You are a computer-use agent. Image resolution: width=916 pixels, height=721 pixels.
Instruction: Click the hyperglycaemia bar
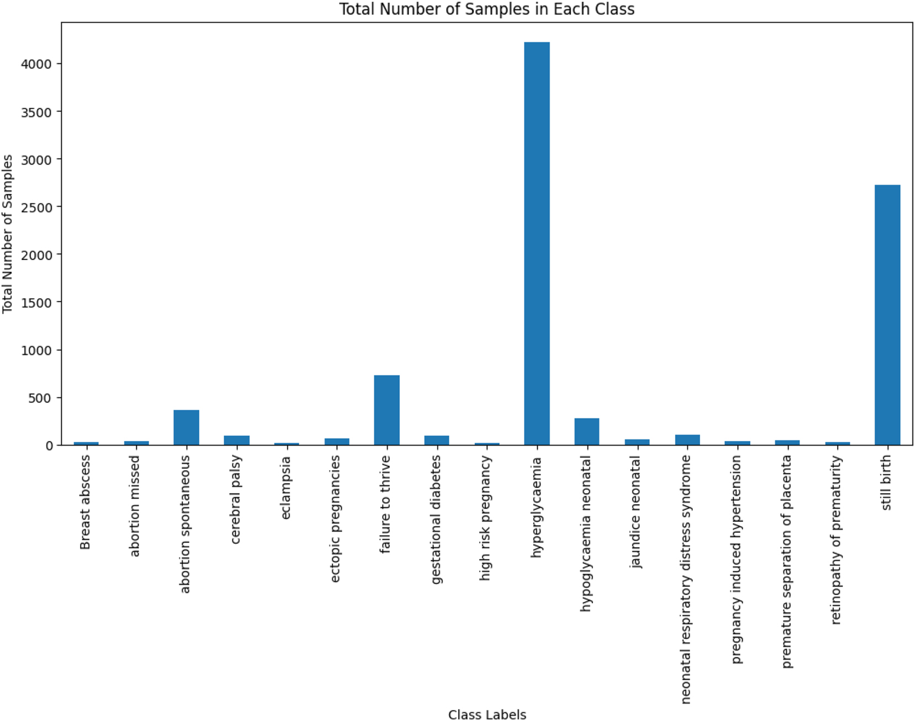[537, 243]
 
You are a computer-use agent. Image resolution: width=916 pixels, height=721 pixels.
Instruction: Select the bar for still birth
[887, 315]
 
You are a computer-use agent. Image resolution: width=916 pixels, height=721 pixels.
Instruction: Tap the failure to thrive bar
[386, 410]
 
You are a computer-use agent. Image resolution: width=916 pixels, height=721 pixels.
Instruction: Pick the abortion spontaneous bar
[186, 427]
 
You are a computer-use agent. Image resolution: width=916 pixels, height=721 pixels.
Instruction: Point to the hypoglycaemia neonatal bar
[586, 432]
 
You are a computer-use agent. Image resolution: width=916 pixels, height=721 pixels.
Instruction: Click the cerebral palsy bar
[236, 441]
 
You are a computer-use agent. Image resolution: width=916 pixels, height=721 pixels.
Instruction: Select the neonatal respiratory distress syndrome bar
[687, 440]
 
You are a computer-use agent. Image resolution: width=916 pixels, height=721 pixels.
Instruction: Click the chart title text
[486, 9]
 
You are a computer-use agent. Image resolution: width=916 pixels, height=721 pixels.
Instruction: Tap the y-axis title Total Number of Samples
[8, 234]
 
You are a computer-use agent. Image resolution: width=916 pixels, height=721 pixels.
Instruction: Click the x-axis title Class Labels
[486, 714]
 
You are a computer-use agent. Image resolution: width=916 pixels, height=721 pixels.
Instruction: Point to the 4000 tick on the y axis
[36, 65]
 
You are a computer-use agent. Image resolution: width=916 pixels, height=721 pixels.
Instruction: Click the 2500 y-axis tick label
[36, 208]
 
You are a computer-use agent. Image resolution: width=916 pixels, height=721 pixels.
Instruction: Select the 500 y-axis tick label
[40, 398]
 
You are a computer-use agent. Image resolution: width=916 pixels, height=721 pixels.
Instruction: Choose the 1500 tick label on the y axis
[36, 303]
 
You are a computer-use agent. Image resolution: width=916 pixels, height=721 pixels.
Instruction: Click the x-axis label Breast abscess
[85, 502]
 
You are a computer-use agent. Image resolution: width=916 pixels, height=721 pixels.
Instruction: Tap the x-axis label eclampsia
[285, 487]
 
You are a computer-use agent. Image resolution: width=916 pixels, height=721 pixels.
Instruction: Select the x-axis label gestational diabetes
[436, 519]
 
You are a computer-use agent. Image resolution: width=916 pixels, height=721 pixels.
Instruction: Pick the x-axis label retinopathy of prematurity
[836, 540]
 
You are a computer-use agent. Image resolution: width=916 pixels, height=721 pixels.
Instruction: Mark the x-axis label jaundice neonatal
[636, 512]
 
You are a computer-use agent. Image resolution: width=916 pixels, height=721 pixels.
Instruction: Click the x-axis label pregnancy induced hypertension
[736, 559]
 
